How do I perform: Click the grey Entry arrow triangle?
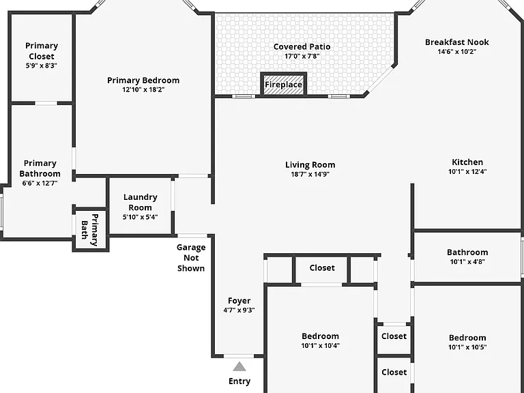click(239, 366)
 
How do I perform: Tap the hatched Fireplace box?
click(283, 84)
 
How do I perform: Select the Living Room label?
click(310, 164)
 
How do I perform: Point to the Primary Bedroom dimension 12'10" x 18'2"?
click(143, 89)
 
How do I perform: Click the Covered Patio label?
click(302, 47)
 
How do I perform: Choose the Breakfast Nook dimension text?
click(457, 51)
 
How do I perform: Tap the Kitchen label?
click(467, 162)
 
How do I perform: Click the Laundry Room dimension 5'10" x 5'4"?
click(140, 217)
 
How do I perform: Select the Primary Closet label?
click(42, 50)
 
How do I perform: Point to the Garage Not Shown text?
click(191, 258)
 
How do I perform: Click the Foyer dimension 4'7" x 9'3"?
click(239, 310)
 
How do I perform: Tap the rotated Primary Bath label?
click(90, 230)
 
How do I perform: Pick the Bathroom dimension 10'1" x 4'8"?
click(467, 262)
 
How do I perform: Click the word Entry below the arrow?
click(239, 381)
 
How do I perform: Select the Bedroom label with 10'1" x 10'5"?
click(467, 338)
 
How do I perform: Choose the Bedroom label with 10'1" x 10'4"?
click(320, 336)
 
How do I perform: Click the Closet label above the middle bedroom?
click(322, 267)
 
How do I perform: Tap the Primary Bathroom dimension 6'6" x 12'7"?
click(40, 183)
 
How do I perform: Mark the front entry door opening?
click(239, 356)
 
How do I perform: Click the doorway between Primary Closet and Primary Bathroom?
click(46, 103)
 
